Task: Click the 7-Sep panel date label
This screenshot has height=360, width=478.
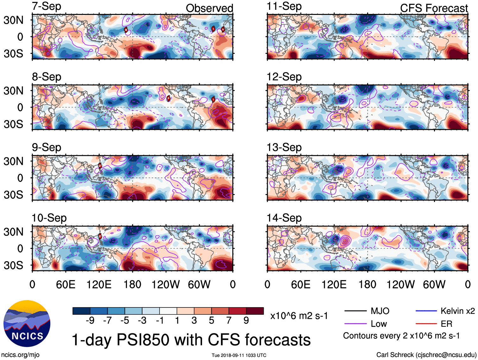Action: [x=47, y=6]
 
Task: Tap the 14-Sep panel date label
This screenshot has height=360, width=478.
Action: [x=284, y=218]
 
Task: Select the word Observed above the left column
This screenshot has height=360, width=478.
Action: [x=209, y=8]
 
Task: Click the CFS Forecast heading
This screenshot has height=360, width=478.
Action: [x=434, y=8]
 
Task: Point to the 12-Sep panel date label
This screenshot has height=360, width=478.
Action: [x=284, y=77]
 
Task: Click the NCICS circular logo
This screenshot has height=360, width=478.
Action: [x=27, y=323]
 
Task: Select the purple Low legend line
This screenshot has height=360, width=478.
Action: [x=355, y=324]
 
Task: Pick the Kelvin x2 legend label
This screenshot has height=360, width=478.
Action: [x=457, y=311]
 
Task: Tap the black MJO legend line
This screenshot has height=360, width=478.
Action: [x=355, y=311]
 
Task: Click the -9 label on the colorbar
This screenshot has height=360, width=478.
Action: [x=90, y=321]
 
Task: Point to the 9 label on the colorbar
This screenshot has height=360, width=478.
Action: [x=246, y=321]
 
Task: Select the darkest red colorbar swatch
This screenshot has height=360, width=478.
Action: [x=255, y=311]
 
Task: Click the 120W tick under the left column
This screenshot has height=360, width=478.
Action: [x=166, y=284]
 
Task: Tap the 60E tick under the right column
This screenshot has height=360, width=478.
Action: [x=300, y=284]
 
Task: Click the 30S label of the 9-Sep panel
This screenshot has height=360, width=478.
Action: [x=13, y=195]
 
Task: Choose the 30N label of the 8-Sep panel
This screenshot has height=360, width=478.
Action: [x=13, y=91]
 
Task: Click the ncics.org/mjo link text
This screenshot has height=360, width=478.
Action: [x=20, y=355]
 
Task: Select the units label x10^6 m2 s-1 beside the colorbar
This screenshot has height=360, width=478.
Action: [x=299, y=316]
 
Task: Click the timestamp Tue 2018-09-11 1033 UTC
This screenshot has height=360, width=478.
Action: [x=239, y=355]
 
